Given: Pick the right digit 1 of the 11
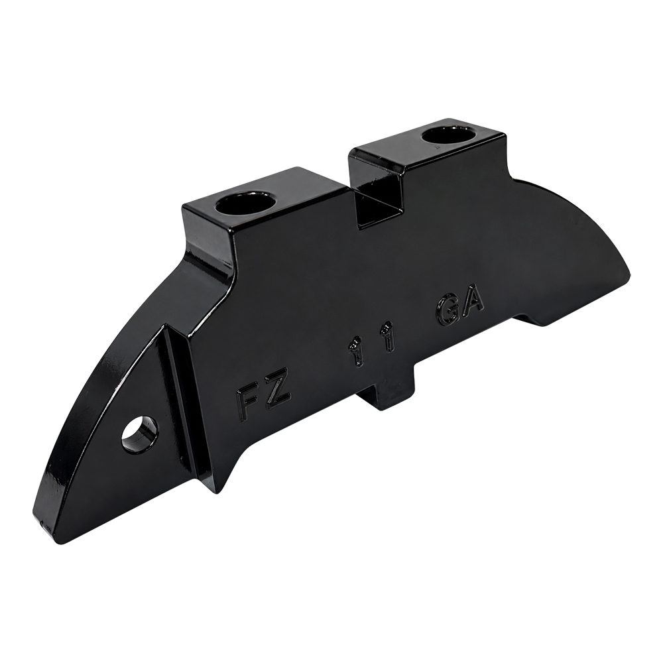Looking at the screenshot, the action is [x=390, y=337].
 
